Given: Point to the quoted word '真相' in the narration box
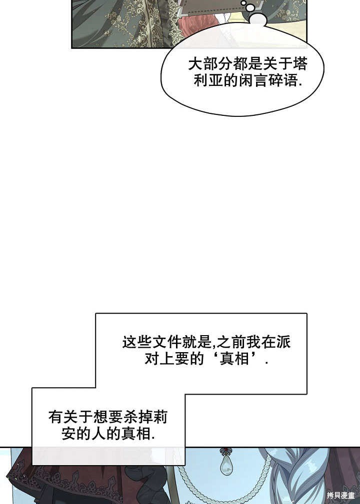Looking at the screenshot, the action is [234, 358].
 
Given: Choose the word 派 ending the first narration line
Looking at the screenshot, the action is [283, 342].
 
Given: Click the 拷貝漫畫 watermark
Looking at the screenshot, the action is [340, 496].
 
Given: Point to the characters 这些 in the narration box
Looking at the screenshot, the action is [137, 342].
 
